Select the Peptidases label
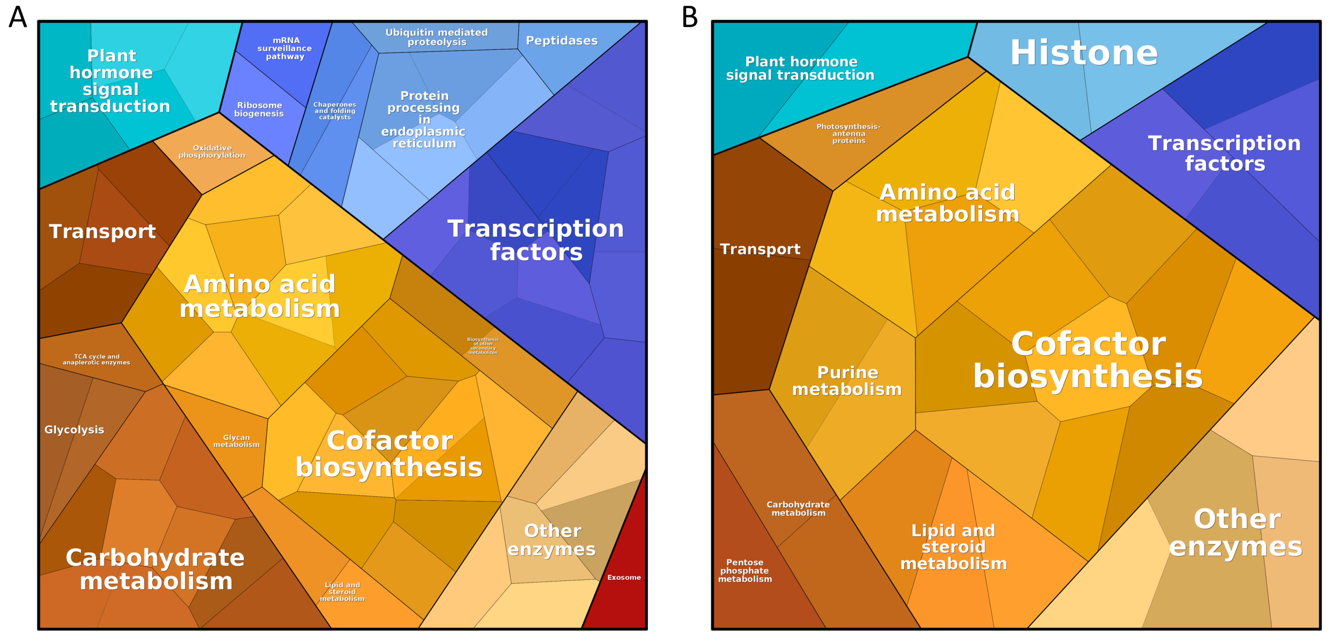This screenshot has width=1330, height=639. click(561, 40)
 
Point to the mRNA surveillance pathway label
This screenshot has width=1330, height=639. click(285, 48)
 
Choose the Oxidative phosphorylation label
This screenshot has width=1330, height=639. click(212, 151)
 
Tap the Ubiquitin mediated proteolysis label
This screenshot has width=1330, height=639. click(436, 37)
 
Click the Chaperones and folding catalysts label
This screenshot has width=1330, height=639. click(335, 111)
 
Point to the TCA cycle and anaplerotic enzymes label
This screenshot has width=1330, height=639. click(97, 359)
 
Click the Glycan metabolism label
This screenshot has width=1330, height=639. click(236, 441)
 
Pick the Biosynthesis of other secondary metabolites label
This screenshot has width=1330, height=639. click(483, 346)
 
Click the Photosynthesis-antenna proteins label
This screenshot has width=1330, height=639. click(848, 134)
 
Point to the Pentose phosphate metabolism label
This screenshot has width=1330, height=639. click(745, 570)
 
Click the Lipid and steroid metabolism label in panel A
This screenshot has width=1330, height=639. click(342, 592)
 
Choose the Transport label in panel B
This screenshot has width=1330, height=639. click(760, 249)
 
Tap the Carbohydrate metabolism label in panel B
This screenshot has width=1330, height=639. click(798, 508)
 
